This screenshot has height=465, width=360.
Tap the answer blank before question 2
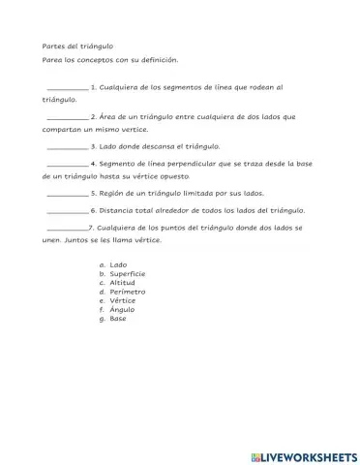(67, 117)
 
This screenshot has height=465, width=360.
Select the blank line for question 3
(67, 147)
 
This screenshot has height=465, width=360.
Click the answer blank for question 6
(67, 211)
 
